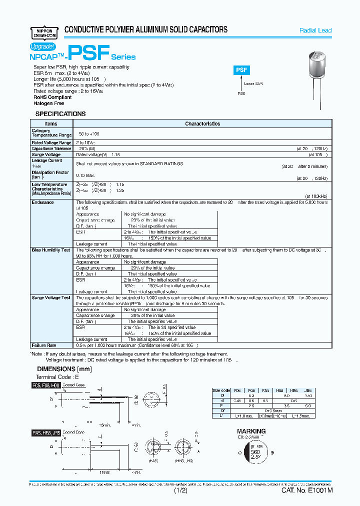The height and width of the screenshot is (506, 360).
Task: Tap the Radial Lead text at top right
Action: (x=315, y=30)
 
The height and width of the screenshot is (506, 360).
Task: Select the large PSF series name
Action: (x=88, y=54)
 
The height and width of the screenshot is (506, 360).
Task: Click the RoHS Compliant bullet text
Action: (x=52, y=97)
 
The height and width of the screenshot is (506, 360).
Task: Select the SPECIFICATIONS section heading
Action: (x=60, y=114)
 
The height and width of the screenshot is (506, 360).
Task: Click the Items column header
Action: (x=51, y=123)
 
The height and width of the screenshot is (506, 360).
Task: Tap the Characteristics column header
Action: (x=202, y=123)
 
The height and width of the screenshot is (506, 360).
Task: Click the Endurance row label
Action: (x=42, y=202)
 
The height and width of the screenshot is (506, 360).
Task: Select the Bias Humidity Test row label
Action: (x=50, y=250)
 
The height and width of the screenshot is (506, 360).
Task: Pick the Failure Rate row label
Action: (x=44, y=345)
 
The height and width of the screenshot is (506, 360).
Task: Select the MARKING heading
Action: (x=251, y=431)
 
